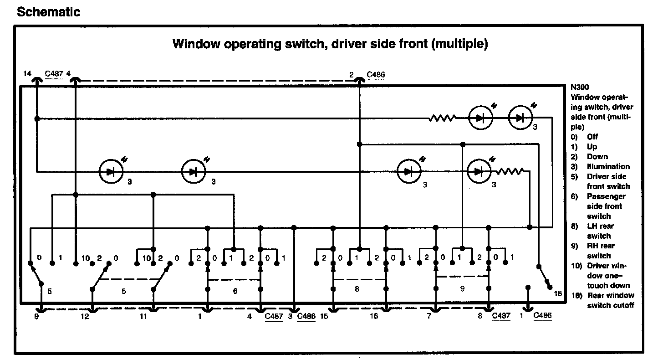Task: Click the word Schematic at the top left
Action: point(48,12)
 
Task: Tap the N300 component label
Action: point(579,87)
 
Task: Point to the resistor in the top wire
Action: point(442,118)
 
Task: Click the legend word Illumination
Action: point(608,166)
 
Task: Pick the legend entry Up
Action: point(592,147)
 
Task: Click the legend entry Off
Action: point(592,137)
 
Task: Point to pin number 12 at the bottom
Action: point(85,316)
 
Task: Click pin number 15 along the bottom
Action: point(324,316)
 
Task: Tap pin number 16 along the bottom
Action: point(373,316)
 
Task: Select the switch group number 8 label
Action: point(357,288)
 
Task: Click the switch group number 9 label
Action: point(462,288)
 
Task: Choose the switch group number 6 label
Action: point(235,291)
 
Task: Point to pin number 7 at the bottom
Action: point(428,316)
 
